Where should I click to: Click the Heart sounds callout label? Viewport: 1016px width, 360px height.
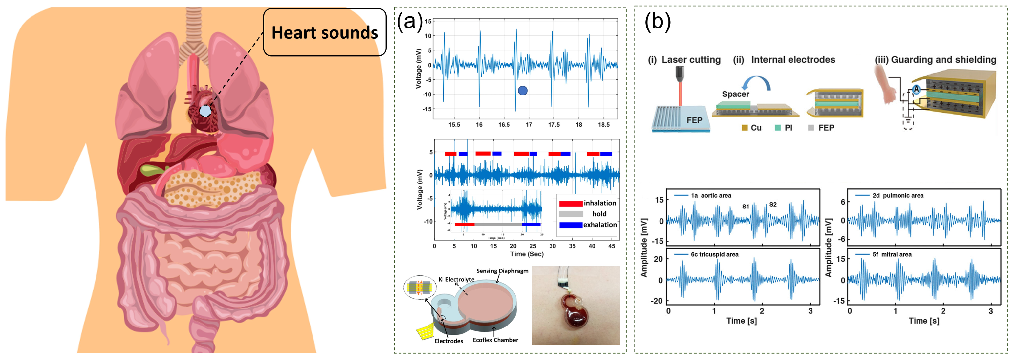tap(324, 32)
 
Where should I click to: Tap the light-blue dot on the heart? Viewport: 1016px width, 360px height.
tap(205, 111)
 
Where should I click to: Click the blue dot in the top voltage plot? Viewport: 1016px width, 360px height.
tap(523, 91)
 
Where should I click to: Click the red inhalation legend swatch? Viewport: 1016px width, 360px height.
tap(570, 204)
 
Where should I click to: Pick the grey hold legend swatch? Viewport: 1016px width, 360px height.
tap(570, 214)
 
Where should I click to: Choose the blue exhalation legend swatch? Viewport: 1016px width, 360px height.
tap(570, 225)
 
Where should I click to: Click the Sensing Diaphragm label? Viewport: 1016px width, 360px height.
tap(502, 271)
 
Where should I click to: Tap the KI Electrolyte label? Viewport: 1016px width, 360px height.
tap(456, 279)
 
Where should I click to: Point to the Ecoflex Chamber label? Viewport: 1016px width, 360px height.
tap(495, 340)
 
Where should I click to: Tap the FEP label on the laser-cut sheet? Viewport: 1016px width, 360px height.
tap(694, 120)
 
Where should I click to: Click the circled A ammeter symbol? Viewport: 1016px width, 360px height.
tap(916, 89)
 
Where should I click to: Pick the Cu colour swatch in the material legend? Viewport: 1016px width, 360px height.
tap(745, 128)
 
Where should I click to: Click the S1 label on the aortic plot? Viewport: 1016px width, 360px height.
tap(745, 207)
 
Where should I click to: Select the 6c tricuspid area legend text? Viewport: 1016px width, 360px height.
tap(714, 254)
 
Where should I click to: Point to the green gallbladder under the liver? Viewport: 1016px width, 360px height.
tap(152, 171)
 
